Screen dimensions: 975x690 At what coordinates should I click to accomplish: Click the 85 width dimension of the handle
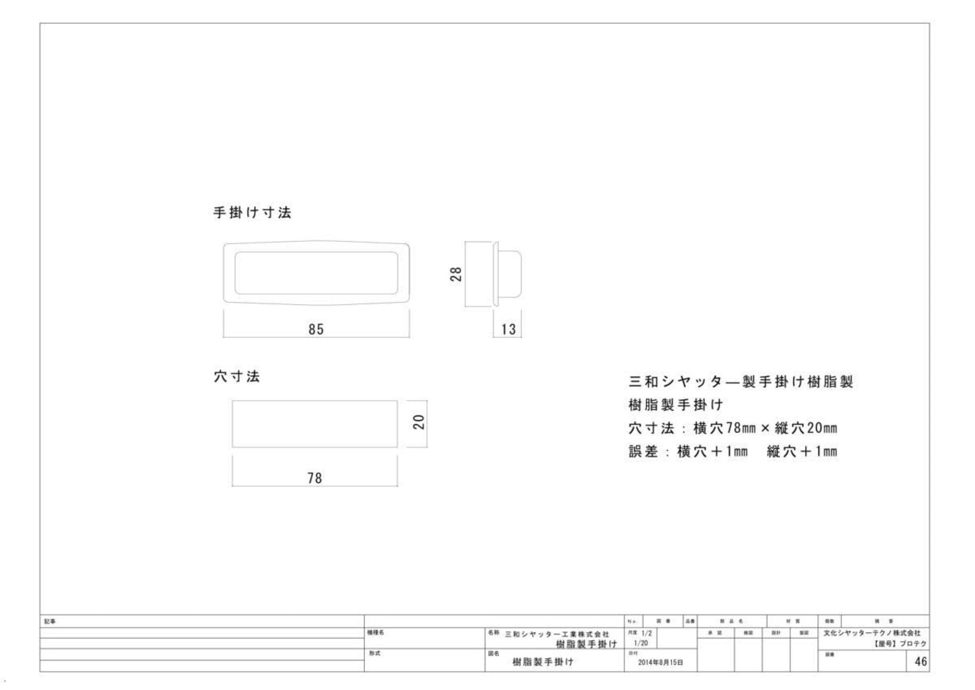coord(316,329)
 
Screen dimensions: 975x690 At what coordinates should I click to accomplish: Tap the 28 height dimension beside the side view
coord(455,274)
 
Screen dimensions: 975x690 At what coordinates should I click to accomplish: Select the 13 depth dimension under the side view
coord(507,329)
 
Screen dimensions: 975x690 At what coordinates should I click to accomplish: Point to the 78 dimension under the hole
coord(314,478)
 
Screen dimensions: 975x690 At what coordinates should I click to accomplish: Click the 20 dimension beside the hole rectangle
coord(417,423)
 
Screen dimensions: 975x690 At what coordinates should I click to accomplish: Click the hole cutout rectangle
coord(315,424)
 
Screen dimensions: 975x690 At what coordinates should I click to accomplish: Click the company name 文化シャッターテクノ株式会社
coord(871,633)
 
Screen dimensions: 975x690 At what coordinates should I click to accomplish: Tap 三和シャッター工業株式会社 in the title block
coord(558,634)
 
